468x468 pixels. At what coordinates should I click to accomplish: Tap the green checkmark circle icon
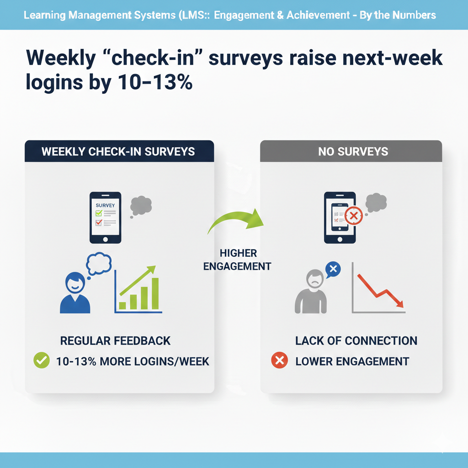tap(42, 361)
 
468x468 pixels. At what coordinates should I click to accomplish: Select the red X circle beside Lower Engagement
tap(279, 361)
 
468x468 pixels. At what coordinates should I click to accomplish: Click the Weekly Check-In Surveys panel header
tap(118, 151)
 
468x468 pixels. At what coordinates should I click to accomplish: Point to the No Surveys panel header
tap(351, 151)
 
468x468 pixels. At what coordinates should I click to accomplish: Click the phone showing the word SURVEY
tap(105, 217)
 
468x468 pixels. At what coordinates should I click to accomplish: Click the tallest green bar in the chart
tap(154, 293)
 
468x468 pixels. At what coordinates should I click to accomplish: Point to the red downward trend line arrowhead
tap(399, 303)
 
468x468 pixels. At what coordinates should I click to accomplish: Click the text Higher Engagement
tap(237, 260)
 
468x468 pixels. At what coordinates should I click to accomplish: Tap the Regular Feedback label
tap(115, 340)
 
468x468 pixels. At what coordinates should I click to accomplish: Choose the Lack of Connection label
tap(356, 340)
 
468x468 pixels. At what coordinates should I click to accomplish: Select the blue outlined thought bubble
tap(99, 264)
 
